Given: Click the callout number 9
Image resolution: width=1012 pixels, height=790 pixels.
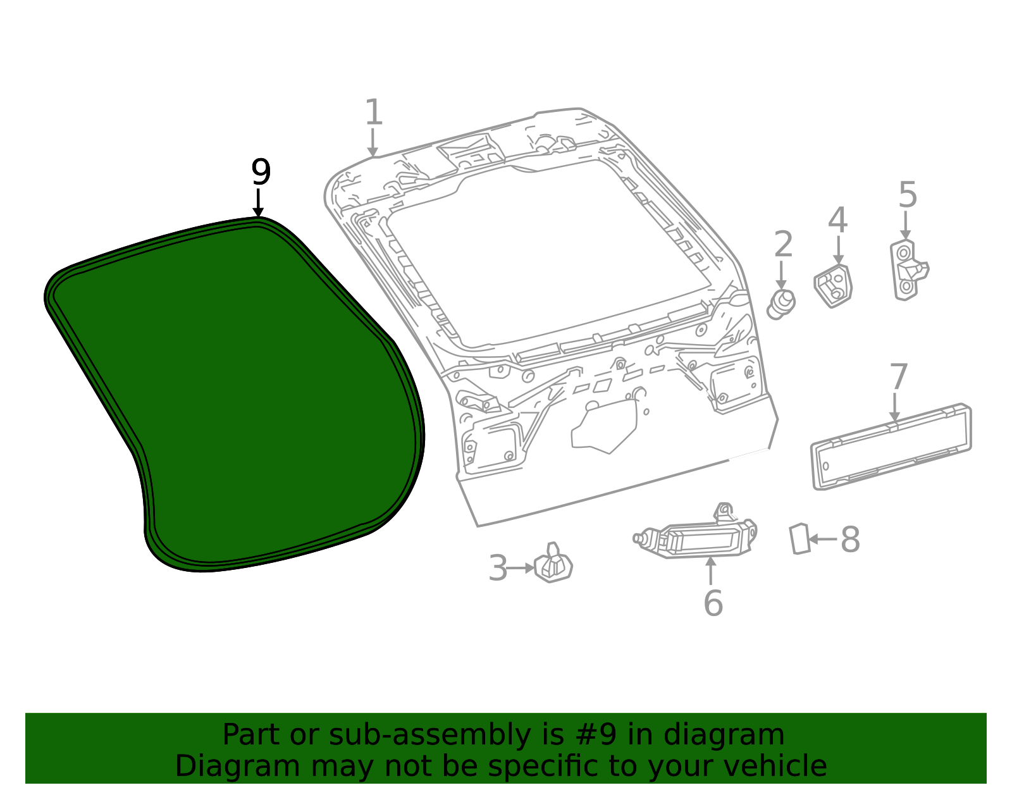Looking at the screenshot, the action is click(x=261, y=172).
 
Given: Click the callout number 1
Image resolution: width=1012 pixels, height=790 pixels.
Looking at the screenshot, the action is click(x=374, y=112).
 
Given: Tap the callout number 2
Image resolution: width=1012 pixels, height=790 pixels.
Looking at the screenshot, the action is click(x=783, y=244).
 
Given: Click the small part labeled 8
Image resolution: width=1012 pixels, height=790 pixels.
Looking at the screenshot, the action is click(x=800, y=539).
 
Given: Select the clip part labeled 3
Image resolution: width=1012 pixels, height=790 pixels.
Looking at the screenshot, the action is click(x=553, y=564).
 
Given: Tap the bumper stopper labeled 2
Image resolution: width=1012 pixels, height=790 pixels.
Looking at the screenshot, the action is click(x=781, y=304).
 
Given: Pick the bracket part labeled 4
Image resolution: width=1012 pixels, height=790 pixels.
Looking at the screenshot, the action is click(x=833, y=287).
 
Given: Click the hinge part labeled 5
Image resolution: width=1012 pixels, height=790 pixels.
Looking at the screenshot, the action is click(x=908, y=271).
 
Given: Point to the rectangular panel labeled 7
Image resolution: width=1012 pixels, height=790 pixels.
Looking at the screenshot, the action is click(x=891, y=447).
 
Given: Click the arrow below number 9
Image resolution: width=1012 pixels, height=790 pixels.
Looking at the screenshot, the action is click(x=258, y=202).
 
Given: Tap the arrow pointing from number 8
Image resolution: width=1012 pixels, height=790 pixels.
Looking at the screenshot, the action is click(x=823, y=540).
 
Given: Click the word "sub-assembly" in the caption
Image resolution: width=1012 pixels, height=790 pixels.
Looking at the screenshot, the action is click(x=430, y=734).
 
